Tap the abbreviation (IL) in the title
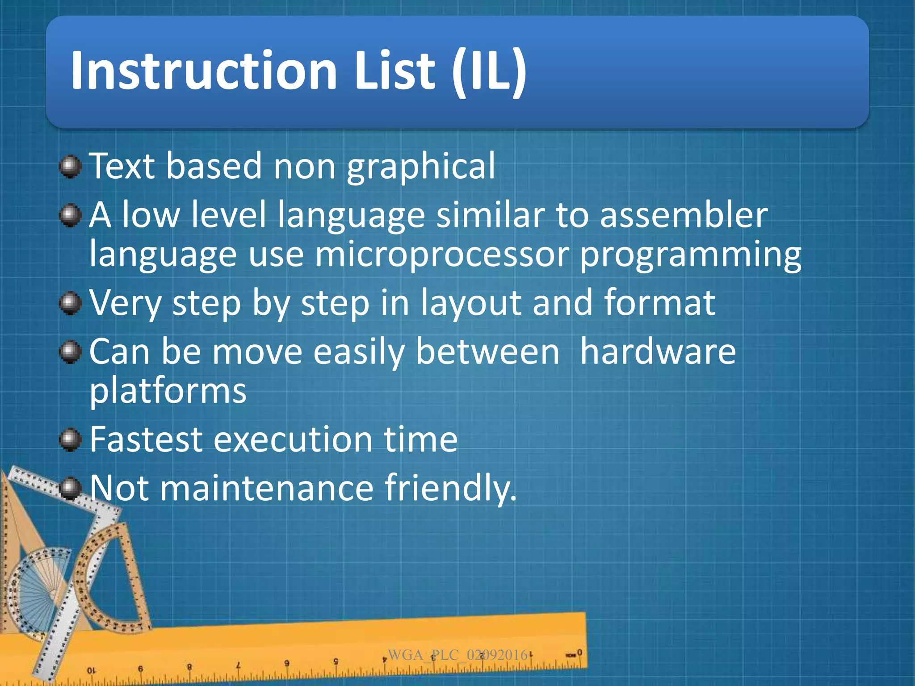[489, 71]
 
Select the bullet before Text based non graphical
[70, 167]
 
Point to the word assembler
[683, 215]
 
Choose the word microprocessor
[442, 255]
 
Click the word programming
[690, 255]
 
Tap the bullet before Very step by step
[70, 304]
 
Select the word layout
[471, 304]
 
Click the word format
[659, 303]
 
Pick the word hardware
[658, 352]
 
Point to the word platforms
[168, 391]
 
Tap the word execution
[293, 439]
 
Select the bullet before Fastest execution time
[70, 439]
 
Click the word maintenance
[266, 488]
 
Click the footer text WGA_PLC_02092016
[457, 655]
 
